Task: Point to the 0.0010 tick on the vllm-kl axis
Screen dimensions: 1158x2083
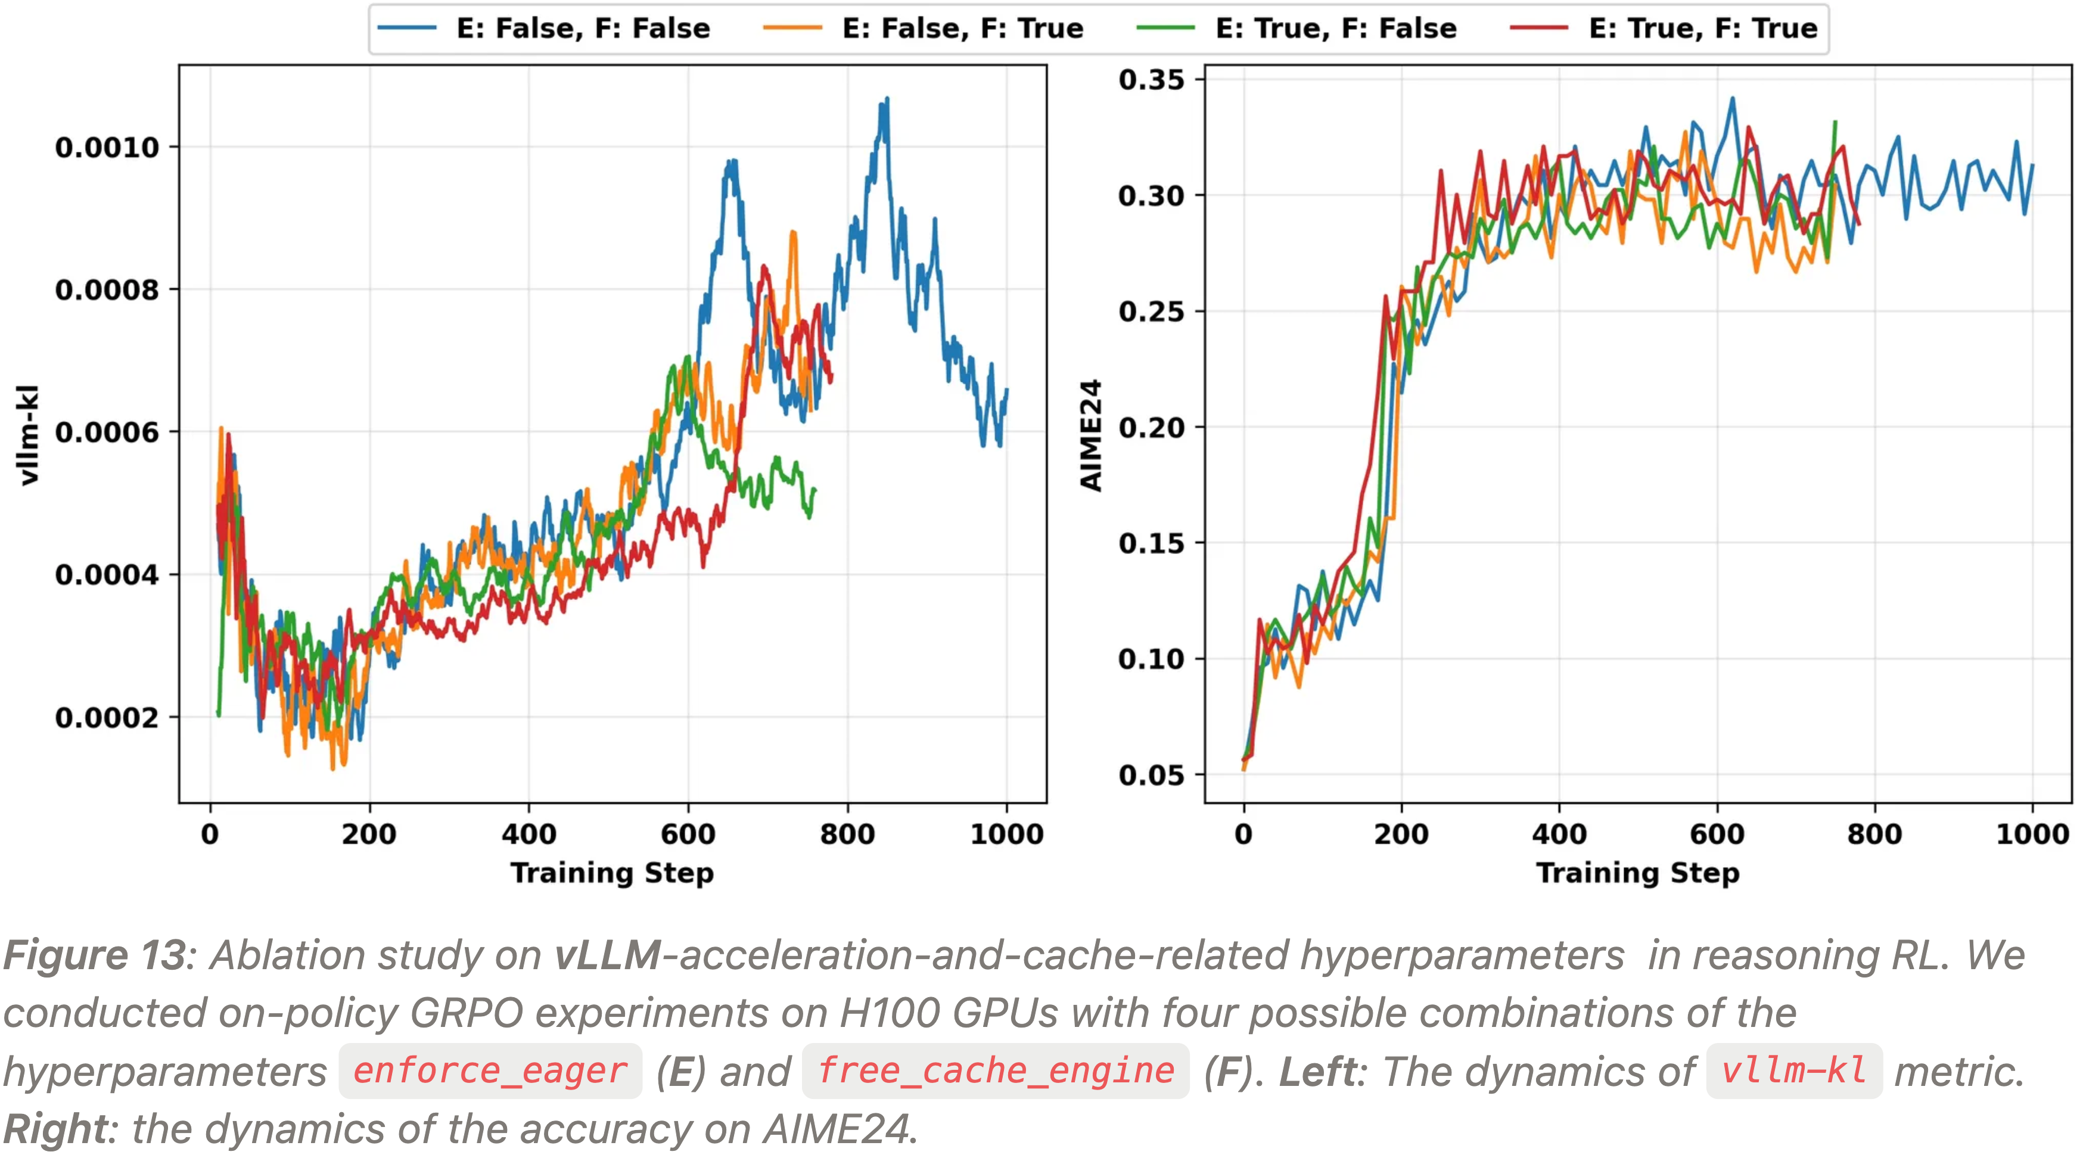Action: click(107, 147)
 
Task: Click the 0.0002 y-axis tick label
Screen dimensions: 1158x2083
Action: click(107, 717)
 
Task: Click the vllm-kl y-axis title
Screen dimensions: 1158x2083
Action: click(29, 435)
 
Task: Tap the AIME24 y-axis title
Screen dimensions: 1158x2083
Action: click(1091, 435)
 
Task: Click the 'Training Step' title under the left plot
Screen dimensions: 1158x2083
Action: click(612, 873)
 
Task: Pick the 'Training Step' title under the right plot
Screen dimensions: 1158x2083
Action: click(1637, 873)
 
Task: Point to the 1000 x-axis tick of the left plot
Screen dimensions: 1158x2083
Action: click(1007, 834)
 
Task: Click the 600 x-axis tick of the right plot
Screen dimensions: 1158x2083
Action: click(1717, 834)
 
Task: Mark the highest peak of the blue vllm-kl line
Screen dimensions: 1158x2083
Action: click(887, 99)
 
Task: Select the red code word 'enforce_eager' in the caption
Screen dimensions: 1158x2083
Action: click(490, 1072)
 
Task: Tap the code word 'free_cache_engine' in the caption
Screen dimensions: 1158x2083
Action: click(996, 1072)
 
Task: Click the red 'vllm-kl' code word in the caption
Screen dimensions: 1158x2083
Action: click(1793, 1072)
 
